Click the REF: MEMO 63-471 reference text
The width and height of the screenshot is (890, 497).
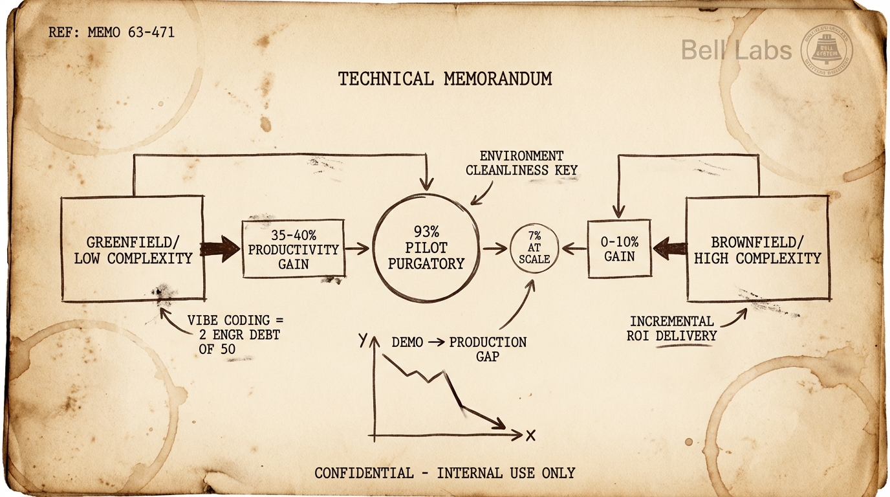(x=111, y=32)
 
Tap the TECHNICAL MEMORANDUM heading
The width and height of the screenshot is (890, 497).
(x=445, y=79)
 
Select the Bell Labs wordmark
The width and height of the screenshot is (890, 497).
(x=736, y=50)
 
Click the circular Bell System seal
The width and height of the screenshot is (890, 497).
(x=826, y=50)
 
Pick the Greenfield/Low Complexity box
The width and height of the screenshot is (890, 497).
(x=133, y=250)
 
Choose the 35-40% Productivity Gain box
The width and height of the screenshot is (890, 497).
(x=293, y=249)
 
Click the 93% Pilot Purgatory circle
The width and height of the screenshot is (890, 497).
(x=426, y=248)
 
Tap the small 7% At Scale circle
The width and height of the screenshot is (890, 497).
(x=534, y=248)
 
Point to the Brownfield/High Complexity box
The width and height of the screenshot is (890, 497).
(x=757, y=249)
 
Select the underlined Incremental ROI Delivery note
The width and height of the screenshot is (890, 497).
(x=673, y=328)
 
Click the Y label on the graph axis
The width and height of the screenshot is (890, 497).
(x=363, y=339)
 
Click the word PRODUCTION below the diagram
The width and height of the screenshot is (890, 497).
(x=488, y=342)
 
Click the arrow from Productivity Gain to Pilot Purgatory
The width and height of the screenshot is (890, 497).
(x=357, y=248)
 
